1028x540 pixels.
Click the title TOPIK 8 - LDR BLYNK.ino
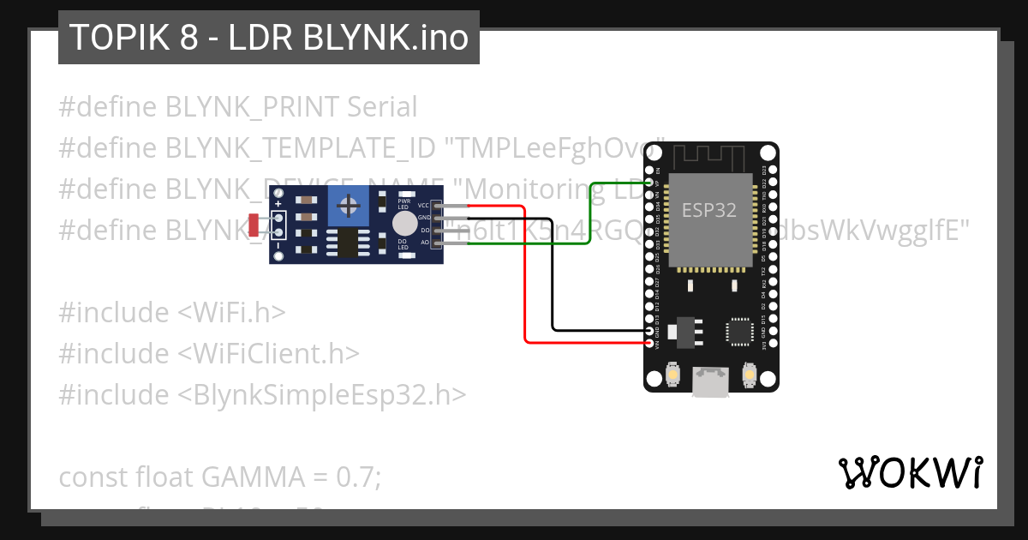pyautogui.click(x=268, y=38)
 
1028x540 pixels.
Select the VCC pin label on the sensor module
pyautogui.click(x=423, y=206)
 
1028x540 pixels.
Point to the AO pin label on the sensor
pyautogui.click(x=424, y=243)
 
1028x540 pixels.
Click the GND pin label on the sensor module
pyautogui.click(x=423, y=218)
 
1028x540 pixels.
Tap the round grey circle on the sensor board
pyautogui.click(x=404, y=224)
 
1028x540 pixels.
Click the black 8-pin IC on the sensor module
pyautogui.click(x=349, y=243)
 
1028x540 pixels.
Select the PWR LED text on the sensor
pyautogui.click(x=403, y=204)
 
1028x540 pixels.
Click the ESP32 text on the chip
pyautogui.click(x=708, y=210)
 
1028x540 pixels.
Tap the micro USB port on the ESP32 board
pyautogui.click(x=711, y=381)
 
